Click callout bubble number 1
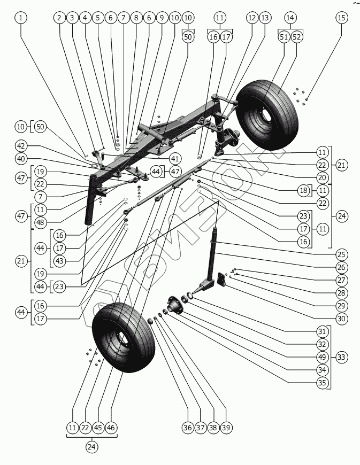coord(21,18)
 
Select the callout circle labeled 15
coord(341,18)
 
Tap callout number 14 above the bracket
coord(290,18)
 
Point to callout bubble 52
coord(297,37)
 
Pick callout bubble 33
coord(341,356)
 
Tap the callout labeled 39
coord(226,427)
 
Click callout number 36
coord(188,427)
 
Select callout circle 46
coord(111,427)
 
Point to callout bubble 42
coord(21,146)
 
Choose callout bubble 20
coord(322,177)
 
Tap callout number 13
coord(265,18)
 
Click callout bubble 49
coord(322,356)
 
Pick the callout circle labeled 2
coord(59,18)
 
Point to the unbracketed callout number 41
coord(175,159)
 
